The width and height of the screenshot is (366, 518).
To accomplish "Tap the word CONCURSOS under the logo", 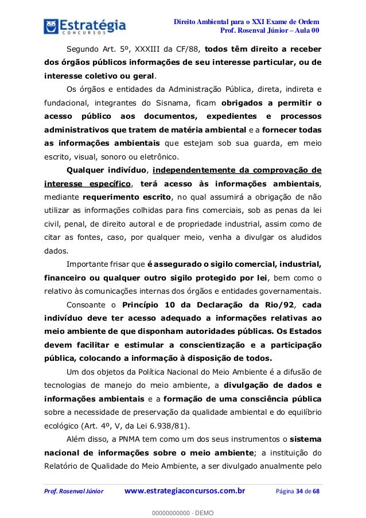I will [x=87, y=36].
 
